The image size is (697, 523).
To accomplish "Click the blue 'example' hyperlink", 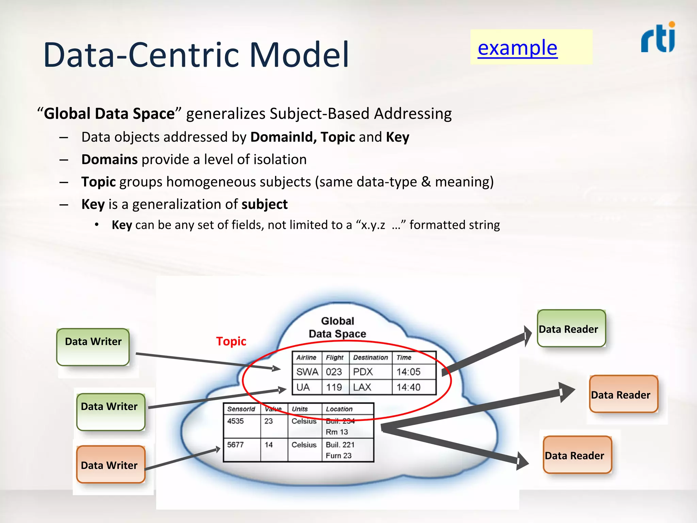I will point(517,48).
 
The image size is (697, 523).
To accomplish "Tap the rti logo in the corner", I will point(658,38).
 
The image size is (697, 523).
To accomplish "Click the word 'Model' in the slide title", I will point(299,54).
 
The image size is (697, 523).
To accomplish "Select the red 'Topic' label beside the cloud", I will point(231,341).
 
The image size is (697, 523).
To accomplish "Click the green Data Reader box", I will point(571,328).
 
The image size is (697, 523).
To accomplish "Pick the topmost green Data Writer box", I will point(93,347).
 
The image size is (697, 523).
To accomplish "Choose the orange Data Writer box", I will point(111,464).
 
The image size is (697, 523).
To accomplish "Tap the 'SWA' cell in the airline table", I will point(307,372).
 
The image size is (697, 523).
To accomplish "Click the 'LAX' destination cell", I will point(362,387).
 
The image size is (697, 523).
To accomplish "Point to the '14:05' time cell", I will point(408,372).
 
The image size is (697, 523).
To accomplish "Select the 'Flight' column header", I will point(335,358).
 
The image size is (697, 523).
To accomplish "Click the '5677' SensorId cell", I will point(236,445).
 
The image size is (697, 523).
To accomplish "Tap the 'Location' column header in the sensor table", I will point(339,409).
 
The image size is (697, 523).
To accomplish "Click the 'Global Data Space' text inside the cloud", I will point(337,327).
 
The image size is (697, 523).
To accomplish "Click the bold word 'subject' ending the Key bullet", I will point(264,204).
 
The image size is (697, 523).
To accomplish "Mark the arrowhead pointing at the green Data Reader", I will point(527,336).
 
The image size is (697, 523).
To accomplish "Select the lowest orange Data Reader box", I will point(578,455).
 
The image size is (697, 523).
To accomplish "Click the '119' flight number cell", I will point(334,387).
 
